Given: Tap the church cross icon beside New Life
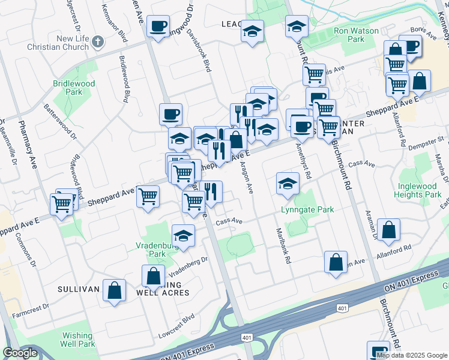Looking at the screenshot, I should click(99, 41).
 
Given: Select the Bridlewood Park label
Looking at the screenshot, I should click(74, 88).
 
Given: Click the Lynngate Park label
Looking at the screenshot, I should click(307, 210).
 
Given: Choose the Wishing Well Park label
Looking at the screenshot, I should click(77, 340).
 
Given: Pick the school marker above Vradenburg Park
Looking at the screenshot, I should click(184, 235).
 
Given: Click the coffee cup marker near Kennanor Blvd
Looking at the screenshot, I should click(159, 26).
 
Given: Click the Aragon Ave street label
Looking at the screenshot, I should click(246, 176).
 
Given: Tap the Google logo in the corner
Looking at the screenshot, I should click(20, 353).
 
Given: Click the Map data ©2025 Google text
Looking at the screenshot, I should click(412, 355).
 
